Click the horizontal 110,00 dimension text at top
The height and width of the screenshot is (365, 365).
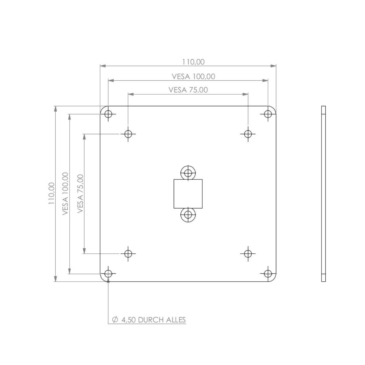(x=193, y=62)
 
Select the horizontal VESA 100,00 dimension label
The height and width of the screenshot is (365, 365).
(x=193, y=76)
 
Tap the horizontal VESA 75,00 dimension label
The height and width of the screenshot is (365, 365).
(x=188, y=90)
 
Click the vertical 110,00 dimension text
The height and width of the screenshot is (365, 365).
(x=51, y=193)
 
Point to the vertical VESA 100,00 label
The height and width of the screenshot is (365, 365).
(x=65, y=194)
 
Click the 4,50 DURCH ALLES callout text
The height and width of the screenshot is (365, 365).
(x=153, y=320)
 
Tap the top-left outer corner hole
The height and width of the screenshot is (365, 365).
(x=108, y=114)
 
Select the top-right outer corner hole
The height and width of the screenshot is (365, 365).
(x=268, y=114)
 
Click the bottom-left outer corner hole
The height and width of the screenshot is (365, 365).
(x=108, y=273)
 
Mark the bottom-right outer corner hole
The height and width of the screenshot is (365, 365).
(x=268, y=273)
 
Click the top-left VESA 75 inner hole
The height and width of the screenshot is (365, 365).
(x=128, y=134)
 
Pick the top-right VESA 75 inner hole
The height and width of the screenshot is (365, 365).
(x=248, y=134)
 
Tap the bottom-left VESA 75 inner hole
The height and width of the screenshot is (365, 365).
(x=128, y=253)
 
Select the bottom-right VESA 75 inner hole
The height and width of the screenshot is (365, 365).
(x=248, y=253)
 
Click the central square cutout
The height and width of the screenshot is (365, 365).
(x=188, y=194)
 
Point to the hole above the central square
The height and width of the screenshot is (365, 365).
(x=188, y=173)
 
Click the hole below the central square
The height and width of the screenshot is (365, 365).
(x=188, y=215)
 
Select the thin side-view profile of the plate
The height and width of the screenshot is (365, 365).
(x=323, y=194)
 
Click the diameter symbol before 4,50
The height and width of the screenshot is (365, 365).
(x=115, y=320)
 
